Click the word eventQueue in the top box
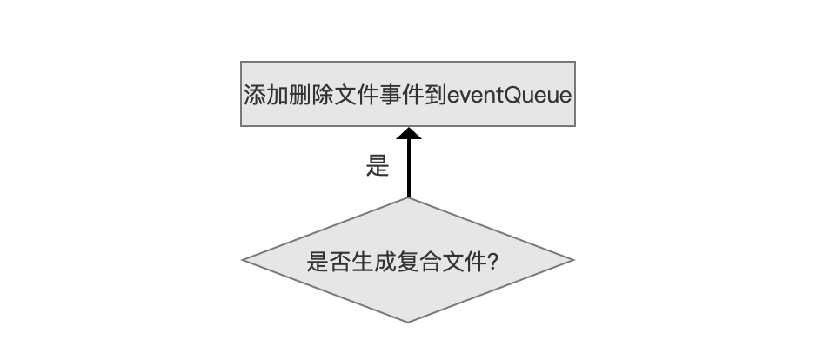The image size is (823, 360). [509, 96]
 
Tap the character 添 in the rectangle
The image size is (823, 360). [255, 96]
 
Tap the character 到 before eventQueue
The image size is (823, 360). [436, 96]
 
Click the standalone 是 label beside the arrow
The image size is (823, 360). [378, 166]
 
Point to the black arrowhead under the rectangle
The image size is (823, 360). [409, 133]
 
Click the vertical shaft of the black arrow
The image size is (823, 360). [409, 169]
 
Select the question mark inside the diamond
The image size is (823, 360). [493, 262]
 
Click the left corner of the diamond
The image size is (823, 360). [242, 260]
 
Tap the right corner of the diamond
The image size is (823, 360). [574, 260]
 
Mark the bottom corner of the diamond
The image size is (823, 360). [408, 323]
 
